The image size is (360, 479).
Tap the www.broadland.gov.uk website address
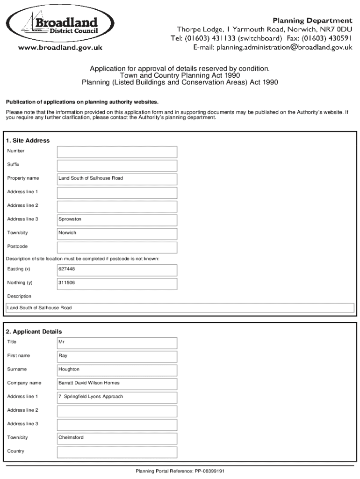tap(60, 47)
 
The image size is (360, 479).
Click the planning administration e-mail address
tap(273, 47)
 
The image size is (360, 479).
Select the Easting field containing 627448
tap(117, 269)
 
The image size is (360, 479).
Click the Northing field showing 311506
tap(117, 283)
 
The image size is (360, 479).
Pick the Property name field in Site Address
tap(117, 179)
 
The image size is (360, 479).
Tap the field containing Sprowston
tap(117, 219)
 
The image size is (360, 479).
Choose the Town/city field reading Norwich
tap(117, 233)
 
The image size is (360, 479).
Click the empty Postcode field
tap(117, 247)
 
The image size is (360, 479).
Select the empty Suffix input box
tap(117, 165)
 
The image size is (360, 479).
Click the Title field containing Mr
tap(117, 342)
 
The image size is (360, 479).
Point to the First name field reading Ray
tap(117, 356)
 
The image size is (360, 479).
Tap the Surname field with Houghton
tap(117, 370)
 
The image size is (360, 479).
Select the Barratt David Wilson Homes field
tap(117, 383)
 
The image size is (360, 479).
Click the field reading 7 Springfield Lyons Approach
tap(117, 397)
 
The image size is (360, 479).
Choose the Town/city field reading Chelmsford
tap(117, 438)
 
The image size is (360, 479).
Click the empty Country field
tap(117, 452)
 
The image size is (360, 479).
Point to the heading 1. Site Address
tap(28, 141)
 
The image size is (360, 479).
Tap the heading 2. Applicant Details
tap(34, 332)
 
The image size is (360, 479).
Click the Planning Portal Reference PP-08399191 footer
tap(180, 472)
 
